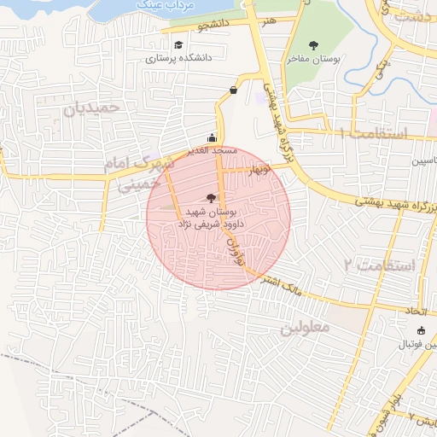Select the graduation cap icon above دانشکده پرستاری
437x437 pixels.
tap(178, 45)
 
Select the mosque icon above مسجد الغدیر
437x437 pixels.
tap(212, 137)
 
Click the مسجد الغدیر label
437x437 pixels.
tap(213, 150)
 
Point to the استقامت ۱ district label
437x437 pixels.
tap(375, 133)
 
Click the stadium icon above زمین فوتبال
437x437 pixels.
tap(419, 330)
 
